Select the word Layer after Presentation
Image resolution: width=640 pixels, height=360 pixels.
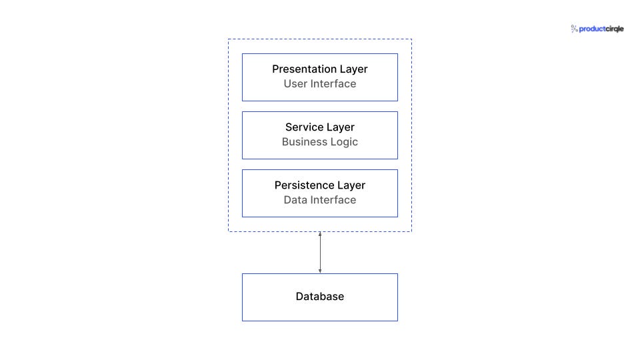point(352,69)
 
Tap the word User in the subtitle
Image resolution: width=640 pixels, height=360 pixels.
point(295,84)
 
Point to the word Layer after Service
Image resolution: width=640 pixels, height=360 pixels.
point(340,127)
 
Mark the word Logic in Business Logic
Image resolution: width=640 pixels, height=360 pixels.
point(344,142)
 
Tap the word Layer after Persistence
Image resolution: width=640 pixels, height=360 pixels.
point(351,185)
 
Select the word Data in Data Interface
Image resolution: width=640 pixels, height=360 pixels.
point(295,200)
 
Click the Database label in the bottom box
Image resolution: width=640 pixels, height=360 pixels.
point(320,297)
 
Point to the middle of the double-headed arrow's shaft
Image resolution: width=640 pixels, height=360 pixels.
point(320,253)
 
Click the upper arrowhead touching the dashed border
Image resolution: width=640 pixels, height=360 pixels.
point(320,234)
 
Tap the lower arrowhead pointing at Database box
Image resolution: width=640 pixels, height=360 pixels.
point(320,271)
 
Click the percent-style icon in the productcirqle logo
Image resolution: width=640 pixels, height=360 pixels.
point(574,29)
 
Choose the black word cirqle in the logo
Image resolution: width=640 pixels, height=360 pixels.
point(614,29)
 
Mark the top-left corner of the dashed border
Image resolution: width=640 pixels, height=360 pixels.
point(229,39)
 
